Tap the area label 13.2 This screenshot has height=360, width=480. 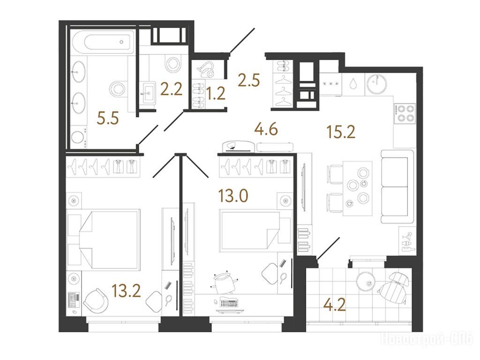point(126,291)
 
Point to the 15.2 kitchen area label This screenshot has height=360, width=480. point(341,132)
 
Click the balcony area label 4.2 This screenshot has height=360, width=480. point(335,304)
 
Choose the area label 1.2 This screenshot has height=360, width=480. point(216,93)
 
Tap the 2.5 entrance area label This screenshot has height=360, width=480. point(249,80)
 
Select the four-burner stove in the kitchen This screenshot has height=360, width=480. point(404,113)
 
